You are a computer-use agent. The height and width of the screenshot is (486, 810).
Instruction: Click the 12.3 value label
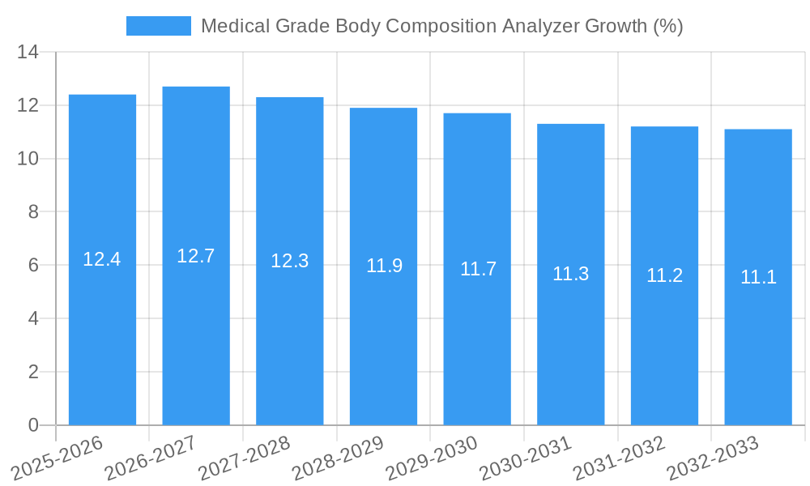(x=289, y=261)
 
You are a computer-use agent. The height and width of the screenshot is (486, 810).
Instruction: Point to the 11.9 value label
(x=384, y=266)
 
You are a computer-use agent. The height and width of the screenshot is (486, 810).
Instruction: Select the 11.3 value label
(x=570, y=274)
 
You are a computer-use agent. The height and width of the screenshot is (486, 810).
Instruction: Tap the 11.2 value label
(x=664, y=275)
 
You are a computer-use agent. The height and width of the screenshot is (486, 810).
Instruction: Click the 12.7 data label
(x=196, y=256)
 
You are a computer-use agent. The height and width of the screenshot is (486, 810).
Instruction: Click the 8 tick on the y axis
(x=33, y=212)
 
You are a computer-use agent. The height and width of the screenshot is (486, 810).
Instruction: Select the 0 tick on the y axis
(x=33, y=425)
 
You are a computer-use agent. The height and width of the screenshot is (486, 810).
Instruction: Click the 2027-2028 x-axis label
(x=244, y=458)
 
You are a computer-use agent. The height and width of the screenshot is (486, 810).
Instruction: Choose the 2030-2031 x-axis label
(x=525, y=458)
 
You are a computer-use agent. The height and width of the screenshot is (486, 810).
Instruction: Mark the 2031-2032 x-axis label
(x=619, y=458)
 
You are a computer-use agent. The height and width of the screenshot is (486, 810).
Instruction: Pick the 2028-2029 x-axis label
(x=338, y=458)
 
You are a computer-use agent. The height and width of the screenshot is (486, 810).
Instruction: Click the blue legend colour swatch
(x=159, y=26)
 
